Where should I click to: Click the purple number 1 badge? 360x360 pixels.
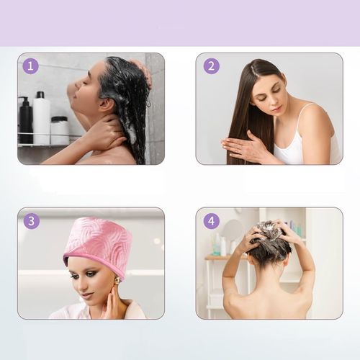coord(31,66)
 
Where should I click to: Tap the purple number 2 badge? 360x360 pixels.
coord(212,66)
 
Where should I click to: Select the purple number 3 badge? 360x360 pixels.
coord(32,221)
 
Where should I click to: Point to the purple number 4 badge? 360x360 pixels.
coord(212,221)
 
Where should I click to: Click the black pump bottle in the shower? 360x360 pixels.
coord(25,120)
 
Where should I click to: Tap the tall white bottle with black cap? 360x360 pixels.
coord(41,118)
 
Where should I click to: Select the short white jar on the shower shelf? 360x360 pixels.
coord(59,130)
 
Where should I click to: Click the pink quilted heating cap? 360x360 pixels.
coord(99,245)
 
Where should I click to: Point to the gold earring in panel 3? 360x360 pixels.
coord(117,281)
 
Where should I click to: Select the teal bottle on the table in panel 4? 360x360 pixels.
coord(216,250)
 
